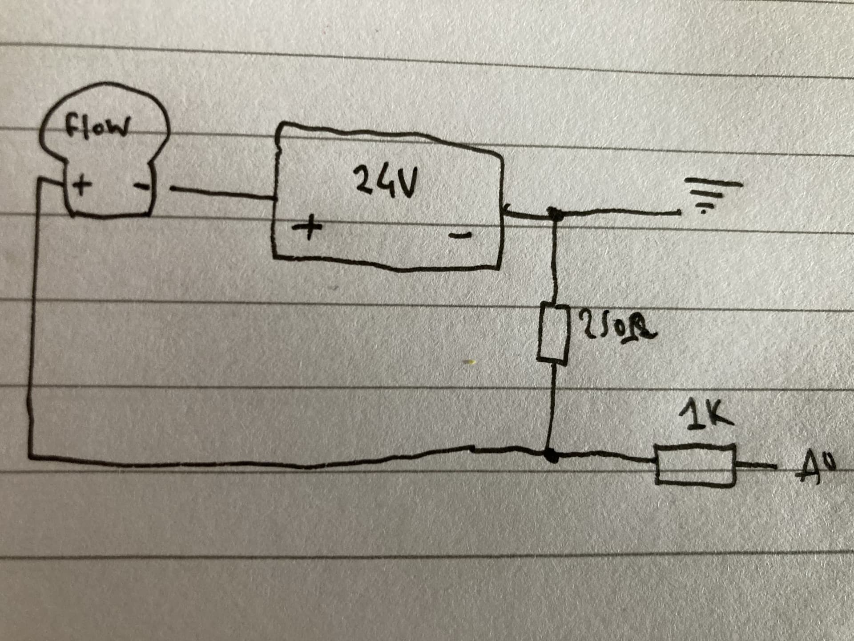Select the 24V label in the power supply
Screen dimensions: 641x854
coord(386,180)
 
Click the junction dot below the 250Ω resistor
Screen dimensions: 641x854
coord(552,455)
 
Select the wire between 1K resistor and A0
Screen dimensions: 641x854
coord(756,465)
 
